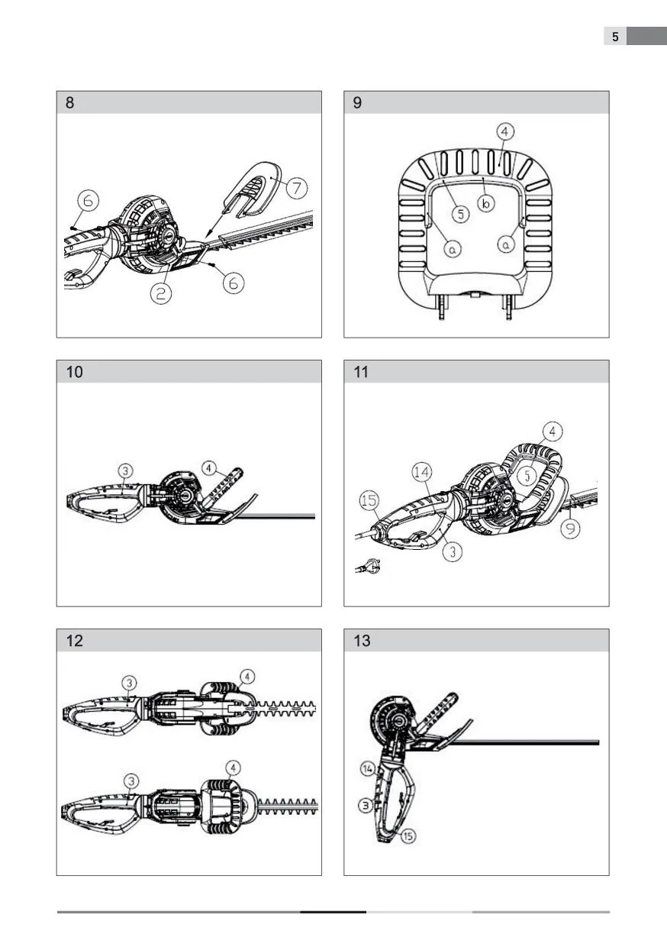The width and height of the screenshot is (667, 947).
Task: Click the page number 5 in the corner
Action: click(x=615, y=37)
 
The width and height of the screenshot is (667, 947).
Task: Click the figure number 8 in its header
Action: click(x=69, y=103)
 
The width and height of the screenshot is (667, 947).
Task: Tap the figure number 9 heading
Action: click(x=357, y=103)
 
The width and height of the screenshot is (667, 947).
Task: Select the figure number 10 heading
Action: click(x=75, y=372)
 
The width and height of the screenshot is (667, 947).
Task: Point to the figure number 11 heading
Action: click(x=361, y=372)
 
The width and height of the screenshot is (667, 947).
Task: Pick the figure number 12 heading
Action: click(x=75, y=641)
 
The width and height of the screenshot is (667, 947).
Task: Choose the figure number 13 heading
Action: click(x=362, y=641)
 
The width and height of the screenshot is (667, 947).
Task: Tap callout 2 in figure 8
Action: click(x=161, y=293)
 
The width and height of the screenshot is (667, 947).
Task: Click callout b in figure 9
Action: click(x=486, y=204)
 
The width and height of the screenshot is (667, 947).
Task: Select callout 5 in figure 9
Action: click(x=461, y=214)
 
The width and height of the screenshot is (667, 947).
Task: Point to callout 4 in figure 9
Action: click(x=504, y=131)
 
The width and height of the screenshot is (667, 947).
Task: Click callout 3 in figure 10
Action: click(x=125, y=470)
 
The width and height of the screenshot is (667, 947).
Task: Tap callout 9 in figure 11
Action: click(x=570, y=528)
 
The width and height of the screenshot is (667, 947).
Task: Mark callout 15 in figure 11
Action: click(x=369, y=500)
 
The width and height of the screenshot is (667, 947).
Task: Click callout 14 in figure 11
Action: click(x=422, y=472)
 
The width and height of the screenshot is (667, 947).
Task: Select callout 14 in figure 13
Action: click(x=368, y=769)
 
